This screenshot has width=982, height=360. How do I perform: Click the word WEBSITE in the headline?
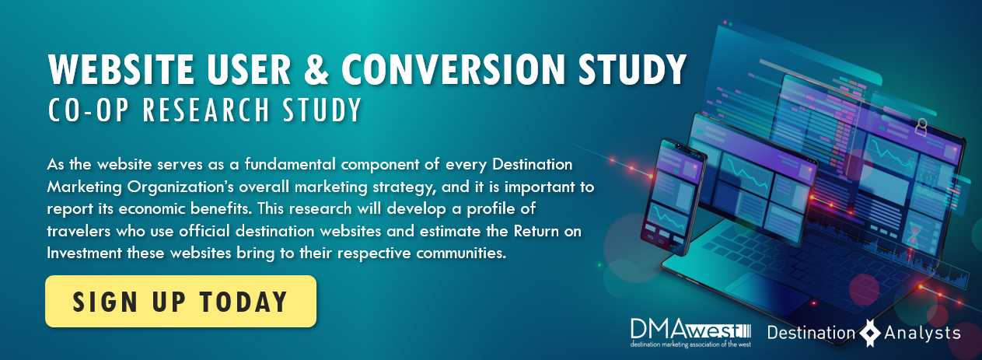(x=121, y=69)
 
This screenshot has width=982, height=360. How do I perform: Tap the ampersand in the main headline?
(x=316, y=69)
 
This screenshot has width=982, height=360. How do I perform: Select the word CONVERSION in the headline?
(x=453, y=69)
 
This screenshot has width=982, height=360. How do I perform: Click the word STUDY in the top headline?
(x=631, y=69)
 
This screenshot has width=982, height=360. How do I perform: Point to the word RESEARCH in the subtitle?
(x=205, y=110)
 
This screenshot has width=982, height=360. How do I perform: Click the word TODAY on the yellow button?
(x=243, y=302)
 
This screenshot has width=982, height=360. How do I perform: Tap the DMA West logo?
(x=691, y=333)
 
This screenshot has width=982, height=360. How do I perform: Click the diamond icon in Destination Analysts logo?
(x=870, y=333)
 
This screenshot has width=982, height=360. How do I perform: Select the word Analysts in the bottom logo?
(x=922, y=334)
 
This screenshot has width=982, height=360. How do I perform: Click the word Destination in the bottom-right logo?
(x=811, y=333)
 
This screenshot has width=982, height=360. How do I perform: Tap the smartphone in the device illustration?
(x=674, y=197)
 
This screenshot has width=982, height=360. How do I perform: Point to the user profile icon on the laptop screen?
(x=921, y=128)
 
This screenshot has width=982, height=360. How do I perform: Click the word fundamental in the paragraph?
(x=290, y=164)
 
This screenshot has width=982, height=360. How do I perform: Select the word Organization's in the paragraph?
(x=180, y=187)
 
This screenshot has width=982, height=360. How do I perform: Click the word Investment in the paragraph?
(x=84, y=253)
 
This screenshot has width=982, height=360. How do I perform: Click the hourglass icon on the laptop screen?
(x=913, y=235)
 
